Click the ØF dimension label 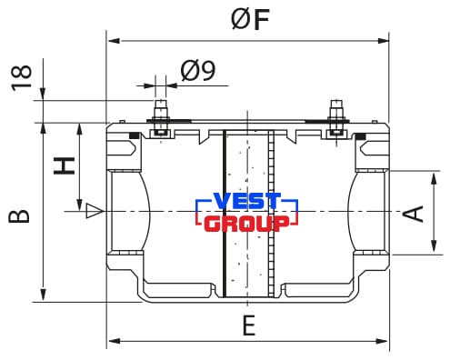[250, 19]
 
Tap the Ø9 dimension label [198, 71]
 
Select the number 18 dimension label [22, 78]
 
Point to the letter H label [65, 165]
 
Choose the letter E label [249, 325]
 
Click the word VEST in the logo [247, 201]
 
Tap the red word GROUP [246, 224]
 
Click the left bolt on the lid [161, 119]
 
